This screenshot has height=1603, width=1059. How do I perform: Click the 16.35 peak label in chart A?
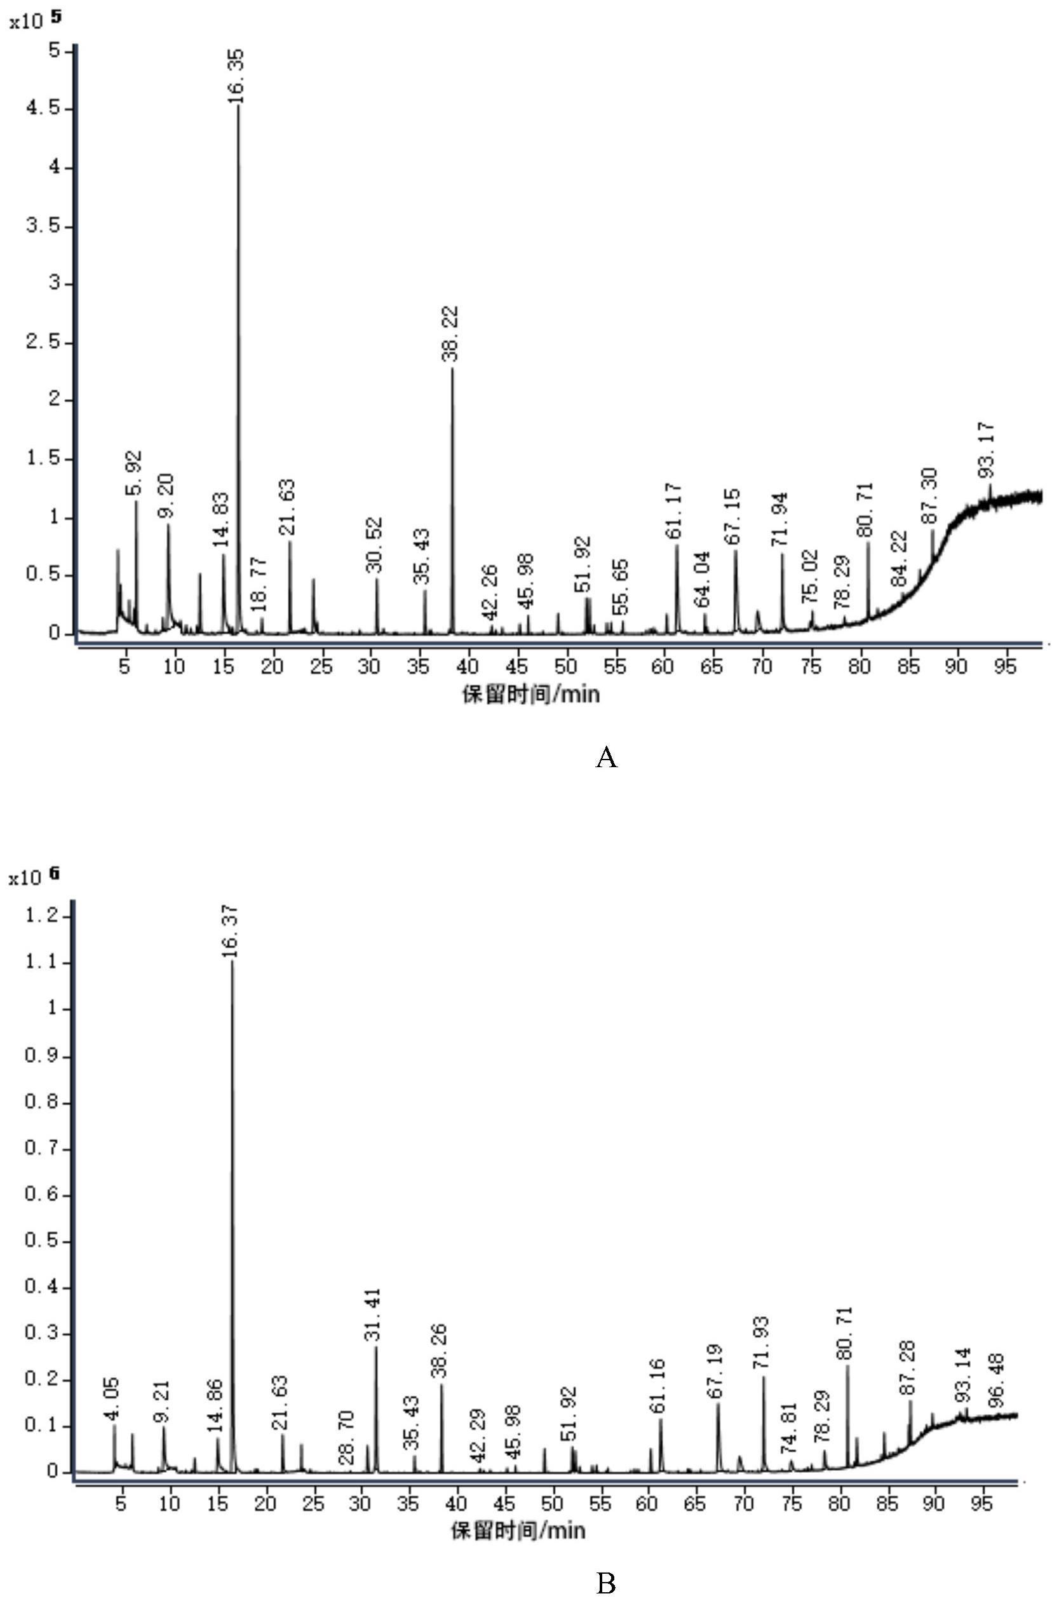tap(236, 76)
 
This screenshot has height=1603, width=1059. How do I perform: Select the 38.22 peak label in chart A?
tap(450, 334)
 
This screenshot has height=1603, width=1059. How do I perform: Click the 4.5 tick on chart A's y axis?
tap(42, 109)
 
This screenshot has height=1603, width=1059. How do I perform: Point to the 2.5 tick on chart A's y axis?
tap(42, 343)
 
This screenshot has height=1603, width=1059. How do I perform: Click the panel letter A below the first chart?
tap(606, 758)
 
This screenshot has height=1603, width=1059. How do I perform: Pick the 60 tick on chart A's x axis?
tap(664, 666)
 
